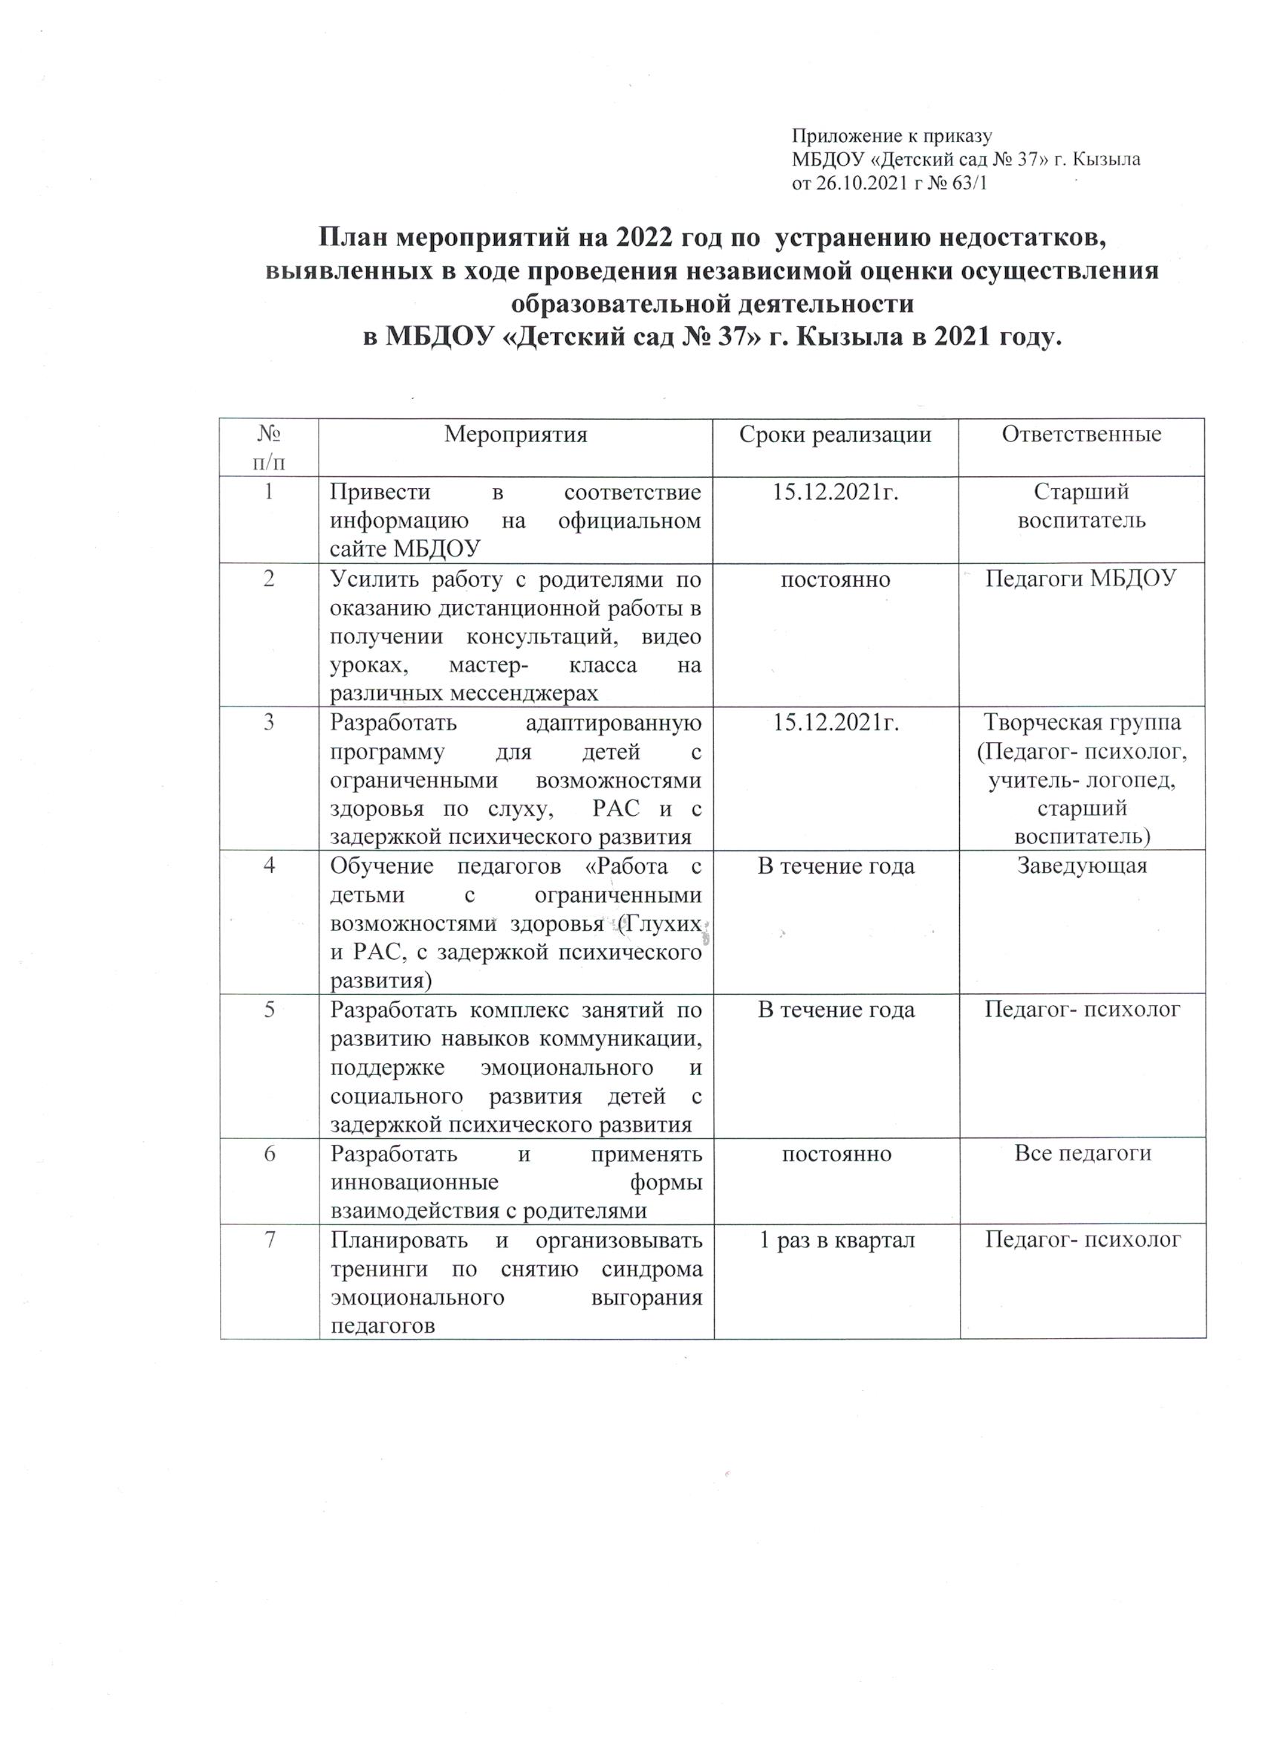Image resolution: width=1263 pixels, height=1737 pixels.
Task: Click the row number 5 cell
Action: tap(270, 1010)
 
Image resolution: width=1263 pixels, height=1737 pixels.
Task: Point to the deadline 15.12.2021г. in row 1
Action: tap(835, 492)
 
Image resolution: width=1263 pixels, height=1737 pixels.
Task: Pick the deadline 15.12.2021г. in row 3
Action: tap(835, 722)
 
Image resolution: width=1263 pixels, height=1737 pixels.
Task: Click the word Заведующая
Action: tap(1081, 866)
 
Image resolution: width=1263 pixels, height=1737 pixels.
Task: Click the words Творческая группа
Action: tap(1082, 722)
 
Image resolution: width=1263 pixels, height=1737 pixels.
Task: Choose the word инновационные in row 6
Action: tap(415, 1183)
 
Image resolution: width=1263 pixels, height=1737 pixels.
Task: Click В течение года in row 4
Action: tap(836, 866)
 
